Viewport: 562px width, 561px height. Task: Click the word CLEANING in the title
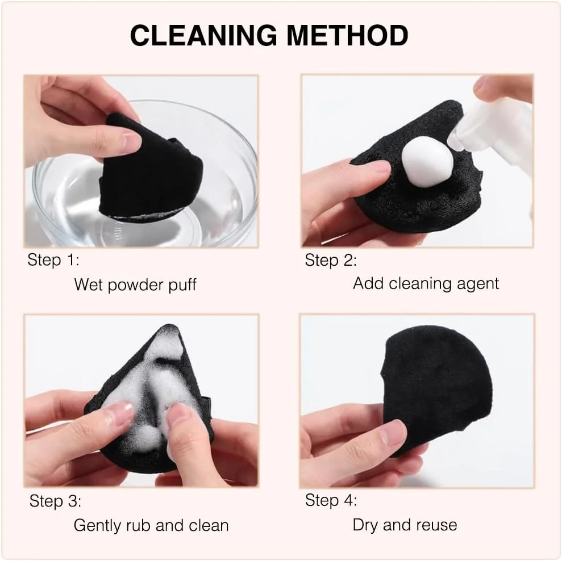(203, 35)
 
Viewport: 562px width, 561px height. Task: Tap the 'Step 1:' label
(53, 260)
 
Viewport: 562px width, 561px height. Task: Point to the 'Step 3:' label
(55, 501)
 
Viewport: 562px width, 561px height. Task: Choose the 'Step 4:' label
(331, 500)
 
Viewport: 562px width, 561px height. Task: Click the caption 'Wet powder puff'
(135, 285)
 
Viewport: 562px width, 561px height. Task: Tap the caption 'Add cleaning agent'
(426, 284)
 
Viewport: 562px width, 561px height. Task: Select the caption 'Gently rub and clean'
(151, 526)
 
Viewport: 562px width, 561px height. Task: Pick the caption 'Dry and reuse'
(405, 525)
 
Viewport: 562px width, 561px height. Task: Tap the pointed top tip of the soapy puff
(169, 326)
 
